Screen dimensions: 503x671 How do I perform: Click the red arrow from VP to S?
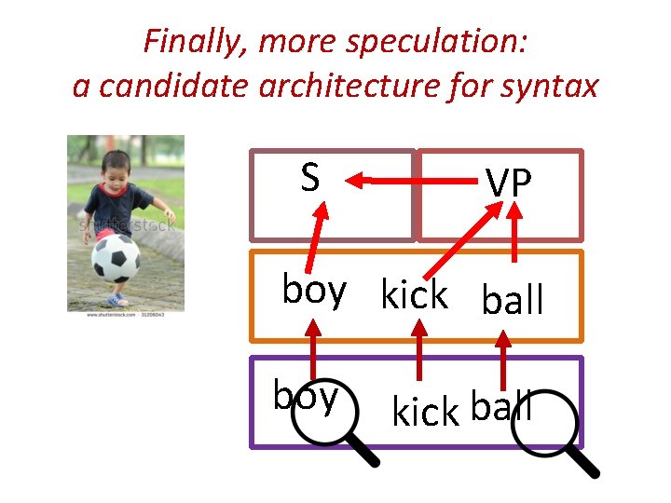click(x=387, y=180)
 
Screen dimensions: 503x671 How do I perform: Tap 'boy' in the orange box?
click(x=314, y=291)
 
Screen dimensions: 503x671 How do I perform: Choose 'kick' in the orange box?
click(x=414, y=296)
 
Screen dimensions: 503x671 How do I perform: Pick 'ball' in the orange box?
click(x=512, y=300)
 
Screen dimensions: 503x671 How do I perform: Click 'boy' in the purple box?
click(x=305, y=397)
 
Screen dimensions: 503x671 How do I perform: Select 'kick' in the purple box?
click(x=426, y=411)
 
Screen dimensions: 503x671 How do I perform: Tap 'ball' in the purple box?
click(x=501, y=407)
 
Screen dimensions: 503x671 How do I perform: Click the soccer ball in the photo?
click(x=116, y=257)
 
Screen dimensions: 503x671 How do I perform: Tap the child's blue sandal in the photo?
click(x=117, y=300)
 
